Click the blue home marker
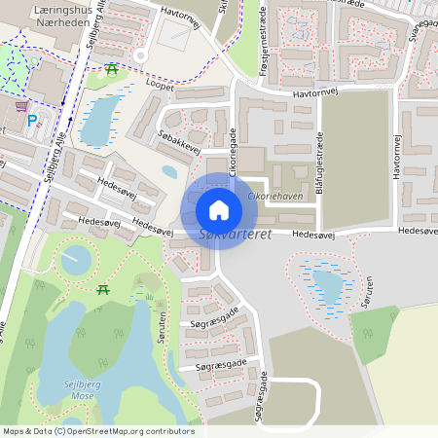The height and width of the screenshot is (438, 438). click(219, 210)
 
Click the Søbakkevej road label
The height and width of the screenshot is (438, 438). click(178, 140)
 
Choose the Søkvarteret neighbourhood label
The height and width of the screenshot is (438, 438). click(234, 235)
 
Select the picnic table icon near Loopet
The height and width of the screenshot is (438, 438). click(113, 69)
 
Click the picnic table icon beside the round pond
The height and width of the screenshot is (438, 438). click(103, 289)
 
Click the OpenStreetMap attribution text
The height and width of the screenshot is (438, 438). click(97, 431)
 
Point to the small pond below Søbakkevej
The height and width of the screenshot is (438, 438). click(170, 172)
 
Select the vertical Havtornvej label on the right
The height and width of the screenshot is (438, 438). click(396, 155)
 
